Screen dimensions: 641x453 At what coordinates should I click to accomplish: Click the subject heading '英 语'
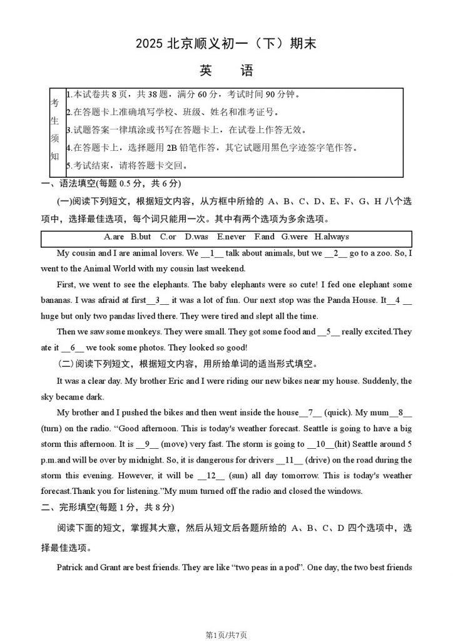(226, 71)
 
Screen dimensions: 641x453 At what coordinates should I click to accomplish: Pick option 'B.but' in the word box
(141, 237)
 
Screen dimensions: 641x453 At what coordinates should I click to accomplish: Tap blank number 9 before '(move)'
(149, 444)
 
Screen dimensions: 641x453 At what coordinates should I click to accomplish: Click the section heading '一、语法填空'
(66, 183)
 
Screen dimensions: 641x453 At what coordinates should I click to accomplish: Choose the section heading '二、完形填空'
(66, 506)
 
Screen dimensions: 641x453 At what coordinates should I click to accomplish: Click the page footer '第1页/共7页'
(226, 634)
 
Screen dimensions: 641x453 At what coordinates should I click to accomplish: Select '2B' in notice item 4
(172, 148)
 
